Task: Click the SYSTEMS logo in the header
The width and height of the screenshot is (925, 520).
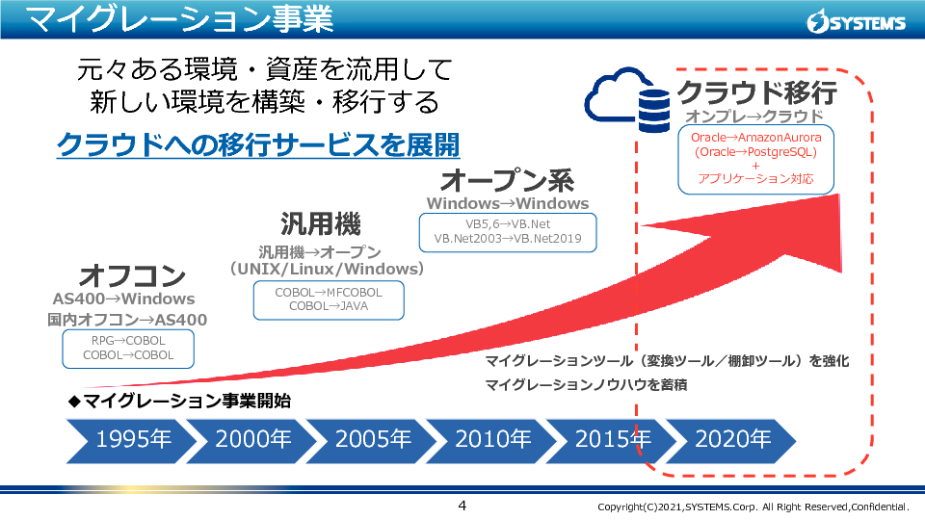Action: pyautogui.click(x=856, y=22)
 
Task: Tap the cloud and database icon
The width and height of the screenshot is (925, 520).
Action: pyautogui.click(x=627, y=100)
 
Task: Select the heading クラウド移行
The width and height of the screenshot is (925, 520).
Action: pyautogui.click(x=757, y=92)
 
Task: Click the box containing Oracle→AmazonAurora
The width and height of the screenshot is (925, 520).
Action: pyautogui.click(x=755, y=159)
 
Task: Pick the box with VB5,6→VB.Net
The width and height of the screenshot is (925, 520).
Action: pyautogui.click(x=508, y=232)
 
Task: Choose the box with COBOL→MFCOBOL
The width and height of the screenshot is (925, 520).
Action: pyautogui.click(x=329, y=300)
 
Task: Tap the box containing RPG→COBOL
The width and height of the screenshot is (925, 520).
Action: pyautogui.click(x=128, y=349)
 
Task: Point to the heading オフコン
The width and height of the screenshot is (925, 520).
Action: pyautogui.click(x=132, y=275)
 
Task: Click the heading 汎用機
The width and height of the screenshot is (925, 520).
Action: pyautogui.click(x=320, y=224)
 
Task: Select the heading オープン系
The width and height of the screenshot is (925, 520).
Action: pyautogui.click(x=508, y=180)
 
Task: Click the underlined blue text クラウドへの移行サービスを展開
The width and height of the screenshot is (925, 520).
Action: pyautogui.click(x=258, y=145)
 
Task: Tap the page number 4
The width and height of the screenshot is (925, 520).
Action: pyautogui.click(x=462, y=506)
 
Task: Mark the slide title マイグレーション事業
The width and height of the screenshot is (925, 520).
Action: pyautogui.click(x=180, y=19)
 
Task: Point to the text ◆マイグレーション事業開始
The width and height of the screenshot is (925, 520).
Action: pyautogui.click(x=179, y=401)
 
